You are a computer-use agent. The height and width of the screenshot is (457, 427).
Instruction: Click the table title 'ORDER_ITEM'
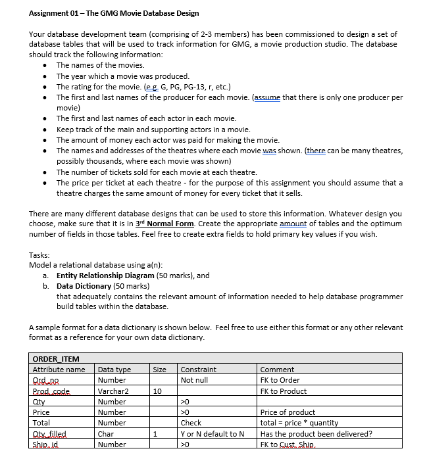(56, 359)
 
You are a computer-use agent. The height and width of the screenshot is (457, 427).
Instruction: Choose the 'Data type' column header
(114, 370)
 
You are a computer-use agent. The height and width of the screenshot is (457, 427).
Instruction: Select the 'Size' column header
(160, 370)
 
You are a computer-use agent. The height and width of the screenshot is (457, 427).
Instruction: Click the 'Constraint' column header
(198, 370)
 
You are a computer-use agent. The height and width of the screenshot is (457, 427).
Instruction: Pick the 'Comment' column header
(277, 370)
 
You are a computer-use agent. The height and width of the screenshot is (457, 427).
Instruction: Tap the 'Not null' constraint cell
(194, 380)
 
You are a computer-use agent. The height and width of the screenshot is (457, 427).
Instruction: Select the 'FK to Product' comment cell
(284, 391)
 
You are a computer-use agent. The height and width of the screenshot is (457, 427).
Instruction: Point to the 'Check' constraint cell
(191, 423)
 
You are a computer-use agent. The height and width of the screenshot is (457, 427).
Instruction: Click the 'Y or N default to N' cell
(212, 433)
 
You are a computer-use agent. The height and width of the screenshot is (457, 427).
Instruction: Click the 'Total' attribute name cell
(41, 423)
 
